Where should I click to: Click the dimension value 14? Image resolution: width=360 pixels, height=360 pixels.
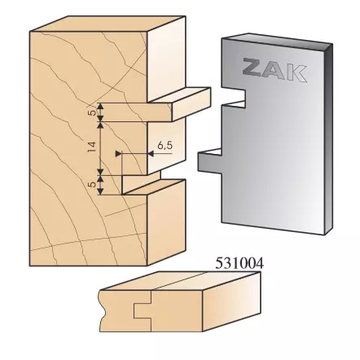pyautogui.click(x=92, y=147)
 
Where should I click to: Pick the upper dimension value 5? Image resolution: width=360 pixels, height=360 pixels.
pyautogui.click(x=92, y=113)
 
